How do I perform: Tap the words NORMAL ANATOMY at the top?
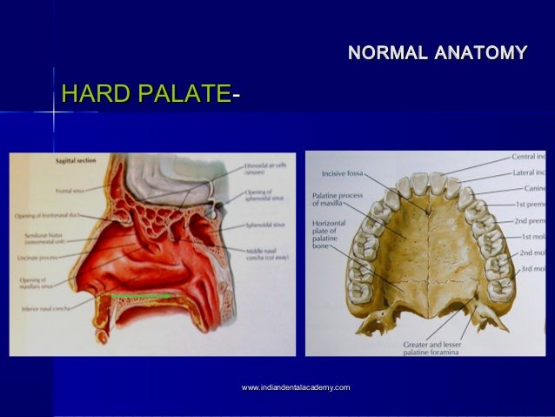pos(437,53)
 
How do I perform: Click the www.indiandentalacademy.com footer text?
pos(296,387)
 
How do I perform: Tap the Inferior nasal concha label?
pos(43,307)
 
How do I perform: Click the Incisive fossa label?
pos(344,172)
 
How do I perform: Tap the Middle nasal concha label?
pos(268,255)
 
